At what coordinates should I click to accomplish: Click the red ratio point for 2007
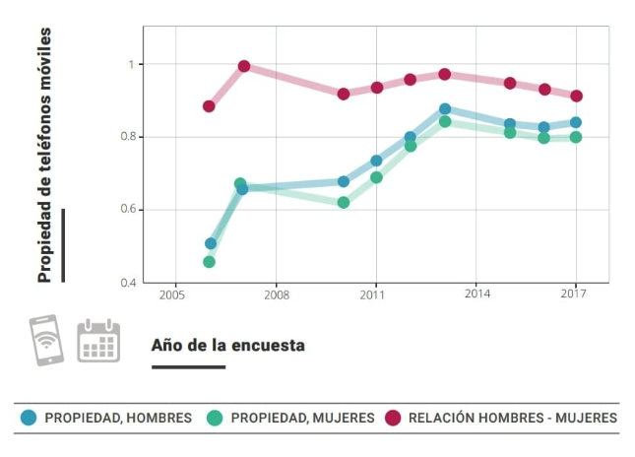click(x=244, y=67)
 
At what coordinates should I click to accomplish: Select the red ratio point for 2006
click(x=209, y=106)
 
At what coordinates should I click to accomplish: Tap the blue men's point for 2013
click(x=445, y=109)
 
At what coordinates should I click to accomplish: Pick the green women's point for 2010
click(x=344, y=203)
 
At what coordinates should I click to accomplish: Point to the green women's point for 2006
click(x=209, y=262)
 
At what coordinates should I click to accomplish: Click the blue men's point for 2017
click(x=576, y=123)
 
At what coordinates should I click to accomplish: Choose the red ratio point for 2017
click(x=577, y=97)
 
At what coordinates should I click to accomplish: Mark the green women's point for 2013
click(x=445, y=122)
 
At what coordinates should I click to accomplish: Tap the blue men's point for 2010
click(x=344, y=182)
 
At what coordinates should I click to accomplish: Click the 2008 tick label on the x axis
click(x=277, y=294)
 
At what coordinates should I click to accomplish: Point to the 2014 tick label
click(x=477, y=294)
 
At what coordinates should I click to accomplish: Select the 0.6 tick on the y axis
click(x=127, y=210)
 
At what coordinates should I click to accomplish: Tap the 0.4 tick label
click(x=127, y=284)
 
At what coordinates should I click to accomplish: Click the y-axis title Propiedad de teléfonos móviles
click(x=44, y=156)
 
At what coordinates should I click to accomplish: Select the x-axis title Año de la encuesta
click(x=227, y=346)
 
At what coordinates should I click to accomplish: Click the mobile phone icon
click(x=45, y=340)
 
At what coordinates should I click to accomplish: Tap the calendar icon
click(x=98, y=341)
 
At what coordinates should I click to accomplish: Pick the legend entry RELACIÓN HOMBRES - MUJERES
click(x=501, y=418)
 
